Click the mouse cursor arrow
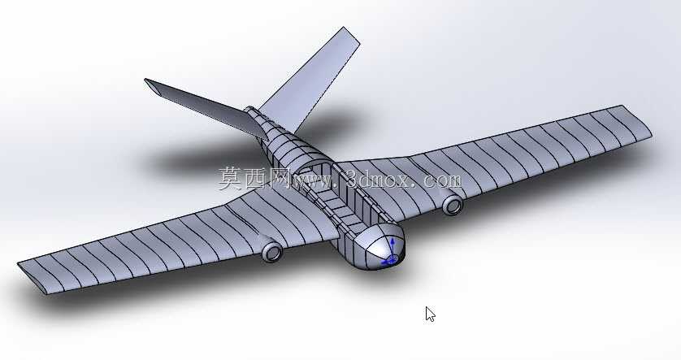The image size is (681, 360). click(430, 314)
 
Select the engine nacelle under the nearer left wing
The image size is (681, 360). click(271, 251)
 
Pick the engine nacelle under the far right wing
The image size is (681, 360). click(452, 204)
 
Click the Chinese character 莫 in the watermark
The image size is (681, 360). click(231, 178)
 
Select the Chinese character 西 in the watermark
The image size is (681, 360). click(257, 178)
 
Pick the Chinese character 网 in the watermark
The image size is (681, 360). click(280, 178)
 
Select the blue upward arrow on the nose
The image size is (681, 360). click(393, 247)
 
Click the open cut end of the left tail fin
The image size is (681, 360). click(152, 87)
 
